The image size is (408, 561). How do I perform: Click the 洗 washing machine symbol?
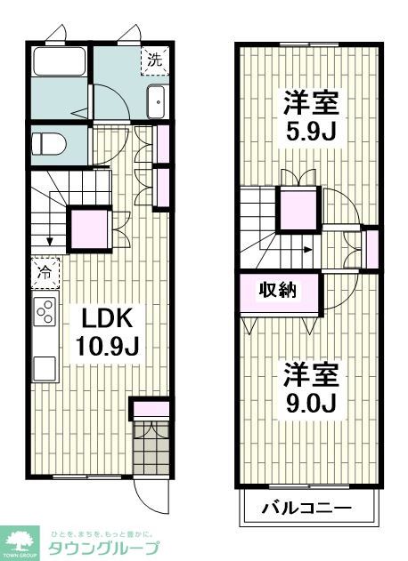(x=155, y=61)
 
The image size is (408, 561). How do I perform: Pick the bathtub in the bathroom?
(x=59, y=64)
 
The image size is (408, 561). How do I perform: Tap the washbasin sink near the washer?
(x=155, y=102)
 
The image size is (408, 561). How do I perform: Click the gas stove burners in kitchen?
(x=43, y=311)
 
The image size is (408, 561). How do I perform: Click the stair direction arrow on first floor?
(x=49, y=236)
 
